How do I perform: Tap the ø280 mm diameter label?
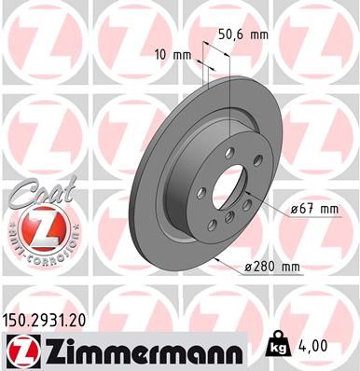pos(272,268)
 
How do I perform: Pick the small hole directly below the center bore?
pos(228,216)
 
